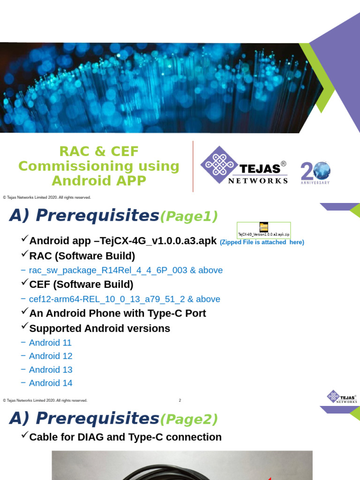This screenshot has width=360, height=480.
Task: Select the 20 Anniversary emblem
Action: coord(315,172)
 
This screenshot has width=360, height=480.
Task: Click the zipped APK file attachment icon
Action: coord(264,227)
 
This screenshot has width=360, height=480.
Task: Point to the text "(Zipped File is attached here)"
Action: coord(262,242)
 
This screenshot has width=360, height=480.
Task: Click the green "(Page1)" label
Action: coord(189,217)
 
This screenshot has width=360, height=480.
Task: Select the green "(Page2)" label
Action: coord(189,419)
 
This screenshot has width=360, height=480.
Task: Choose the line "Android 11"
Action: coord(50,343)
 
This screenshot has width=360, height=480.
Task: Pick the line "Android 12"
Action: coord(51,356)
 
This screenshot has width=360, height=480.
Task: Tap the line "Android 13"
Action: coord(51,370)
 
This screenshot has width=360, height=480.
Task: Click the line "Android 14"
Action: coord(51,383)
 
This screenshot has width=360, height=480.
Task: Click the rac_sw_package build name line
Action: coord(126,270)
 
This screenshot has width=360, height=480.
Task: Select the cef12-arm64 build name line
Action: coord(124,299)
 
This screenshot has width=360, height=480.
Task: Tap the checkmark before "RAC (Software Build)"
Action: coord(25,255)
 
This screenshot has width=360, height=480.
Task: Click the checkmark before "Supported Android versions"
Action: coord(25,327)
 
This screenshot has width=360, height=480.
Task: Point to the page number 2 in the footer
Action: coord(180,400)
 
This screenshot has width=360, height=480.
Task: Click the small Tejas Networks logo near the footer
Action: coord(342,397)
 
